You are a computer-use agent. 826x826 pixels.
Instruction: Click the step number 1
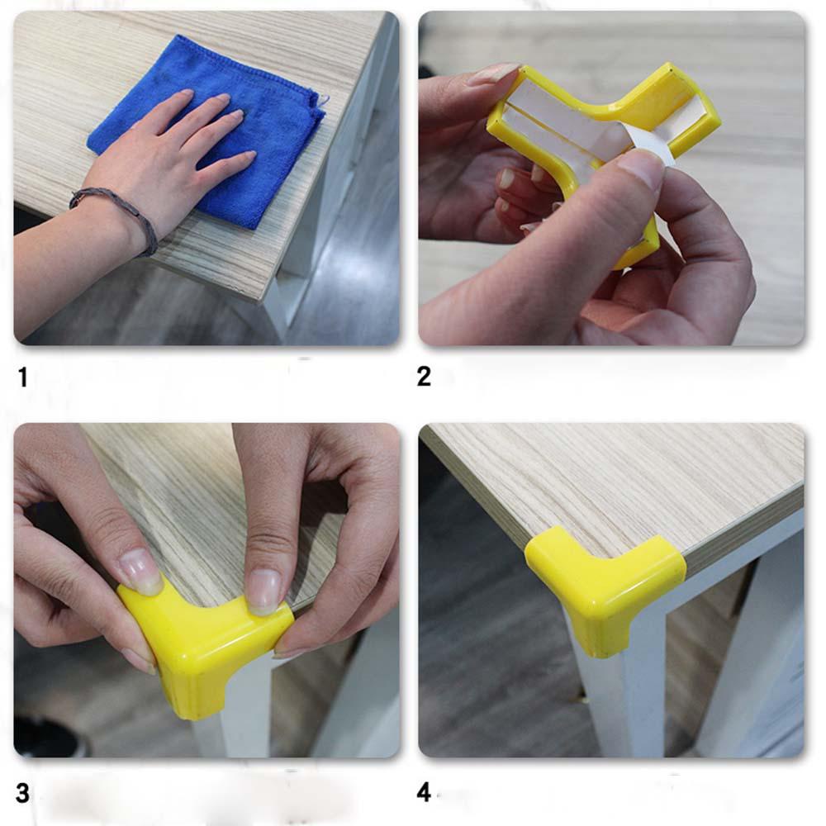tap(22, 377)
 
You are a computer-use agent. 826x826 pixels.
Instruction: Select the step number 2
tap(424, 377)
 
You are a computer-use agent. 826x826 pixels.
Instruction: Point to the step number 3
tap(22, 793)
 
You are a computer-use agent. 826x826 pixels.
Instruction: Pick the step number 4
tap(424, 792)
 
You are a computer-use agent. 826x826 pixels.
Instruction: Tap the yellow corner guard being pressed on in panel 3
tap(206, 648)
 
